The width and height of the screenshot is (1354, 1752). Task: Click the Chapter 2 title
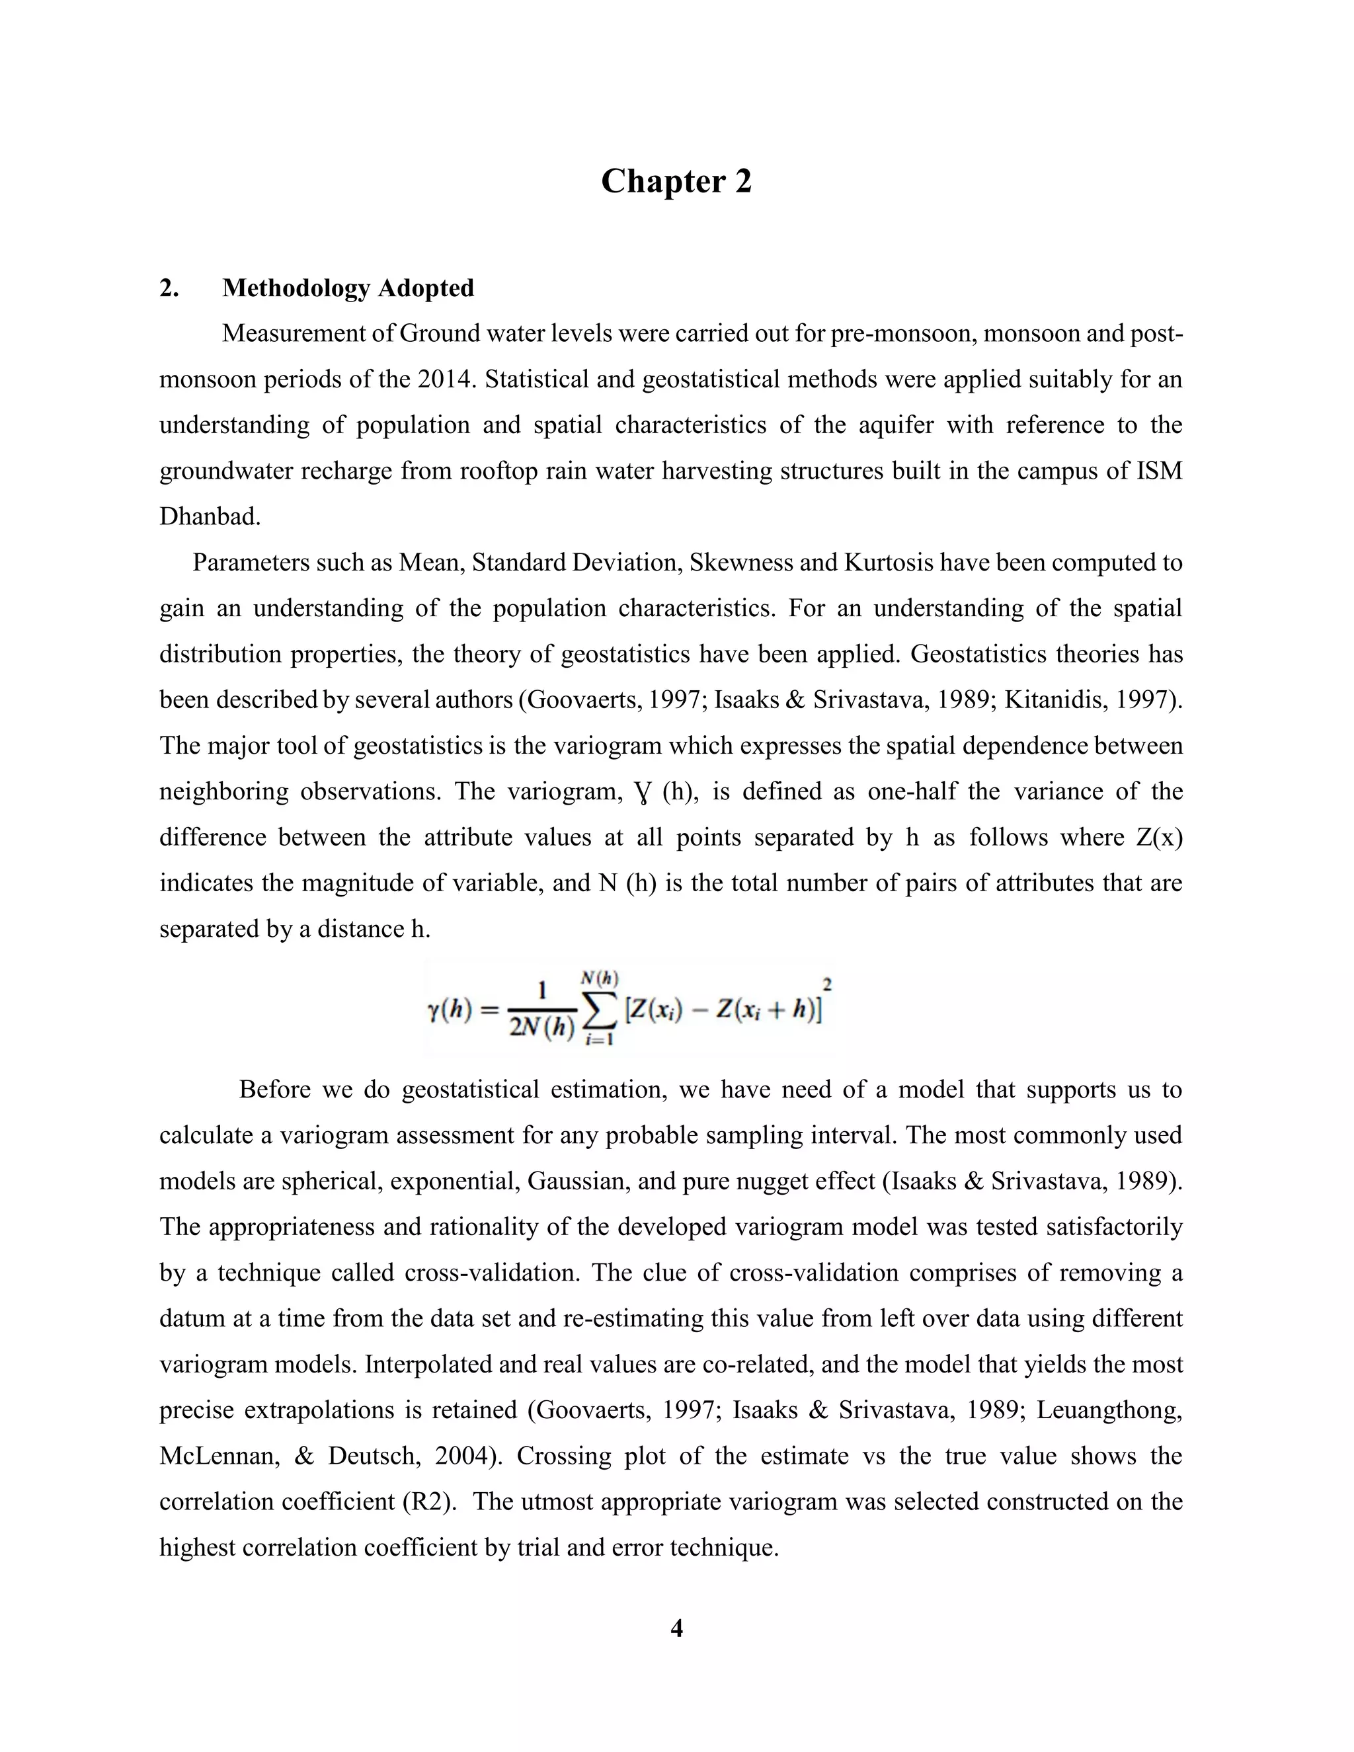676,181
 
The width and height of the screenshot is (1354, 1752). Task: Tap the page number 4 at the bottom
676,1628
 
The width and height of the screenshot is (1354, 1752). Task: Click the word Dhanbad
210,516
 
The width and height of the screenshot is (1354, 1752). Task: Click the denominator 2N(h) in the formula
542,1029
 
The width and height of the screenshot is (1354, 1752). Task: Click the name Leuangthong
1109,1410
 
